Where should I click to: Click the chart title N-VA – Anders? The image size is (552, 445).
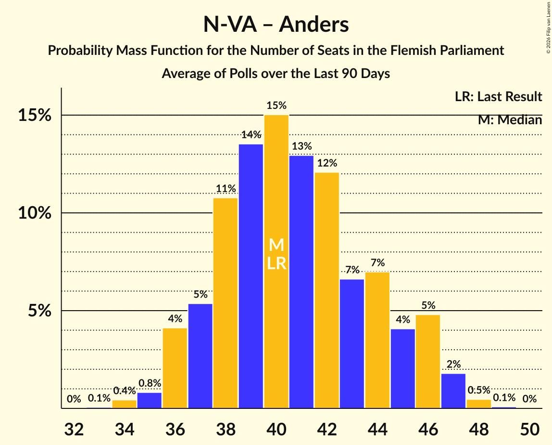click(x=276, y=24)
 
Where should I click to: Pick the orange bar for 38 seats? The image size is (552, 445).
click(x=226, y=303)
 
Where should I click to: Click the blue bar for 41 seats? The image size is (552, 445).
click(x=301, y=282)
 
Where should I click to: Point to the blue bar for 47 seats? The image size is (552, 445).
click(x=453, y=391)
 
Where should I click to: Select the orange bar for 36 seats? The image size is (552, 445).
click(x=175, y=368)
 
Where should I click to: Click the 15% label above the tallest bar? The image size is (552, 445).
click(x=276, y=105)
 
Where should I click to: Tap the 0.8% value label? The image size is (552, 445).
click(x=150, y=383)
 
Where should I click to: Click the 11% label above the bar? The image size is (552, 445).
click(x=226, y=188)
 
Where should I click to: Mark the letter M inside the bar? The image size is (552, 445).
click(x=276, y=245)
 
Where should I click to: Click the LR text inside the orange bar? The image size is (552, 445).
click(x=276, y=263)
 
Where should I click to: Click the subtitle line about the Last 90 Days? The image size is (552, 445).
click(x=276, y=74)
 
